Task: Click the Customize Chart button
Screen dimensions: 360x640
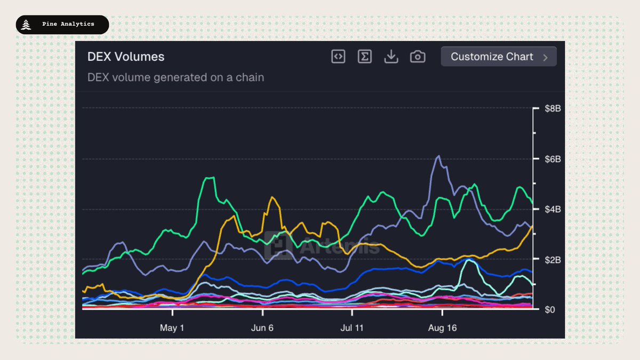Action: (x=498, y=57)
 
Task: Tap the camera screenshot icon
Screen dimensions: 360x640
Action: (x=418, y=57)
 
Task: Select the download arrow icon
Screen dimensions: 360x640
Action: (x=391, y=57)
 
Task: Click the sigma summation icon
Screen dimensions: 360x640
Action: (x=365, y=57)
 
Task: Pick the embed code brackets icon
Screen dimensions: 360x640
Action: (x=338, y=57)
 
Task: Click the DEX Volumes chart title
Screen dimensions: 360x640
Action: (x=126, y=57)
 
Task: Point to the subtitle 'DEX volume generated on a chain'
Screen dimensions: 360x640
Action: (x=175, y=77)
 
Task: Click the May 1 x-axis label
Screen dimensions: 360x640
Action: (x=172, y=328)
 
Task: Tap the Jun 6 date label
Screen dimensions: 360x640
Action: (x=262, y=328)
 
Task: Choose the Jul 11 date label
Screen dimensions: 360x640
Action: (x=351, y=328)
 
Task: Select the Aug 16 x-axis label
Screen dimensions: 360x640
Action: (x=442, y=328)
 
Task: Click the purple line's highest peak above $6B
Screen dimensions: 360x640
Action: (x=438, y=156)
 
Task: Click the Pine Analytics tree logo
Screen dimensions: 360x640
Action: (x=27, y=25)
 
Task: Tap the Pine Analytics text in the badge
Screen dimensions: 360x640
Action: (x=68, y=24)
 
